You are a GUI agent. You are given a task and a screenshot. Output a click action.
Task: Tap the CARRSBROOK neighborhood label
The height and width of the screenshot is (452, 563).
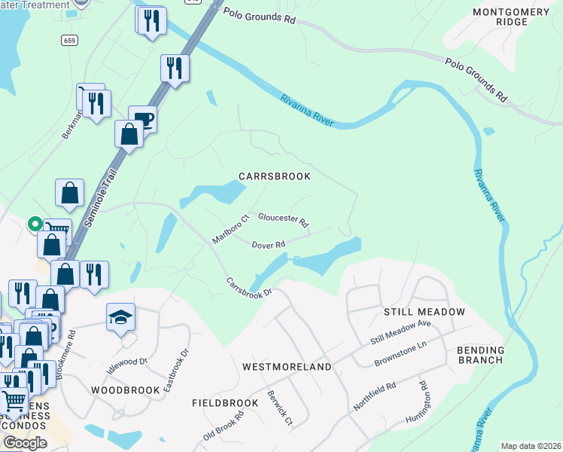click(275, 176)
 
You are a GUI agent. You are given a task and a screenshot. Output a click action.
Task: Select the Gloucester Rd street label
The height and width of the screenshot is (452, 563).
click(283, 219)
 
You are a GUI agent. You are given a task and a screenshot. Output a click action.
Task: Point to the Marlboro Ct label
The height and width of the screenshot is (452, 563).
click(230, 229)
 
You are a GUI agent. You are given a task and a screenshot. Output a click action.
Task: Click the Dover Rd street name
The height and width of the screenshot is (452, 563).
click(268, 245)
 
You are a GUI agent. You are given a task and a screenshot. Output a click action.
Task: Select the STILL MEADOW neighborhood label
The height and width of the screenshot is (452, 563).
click(424, 311)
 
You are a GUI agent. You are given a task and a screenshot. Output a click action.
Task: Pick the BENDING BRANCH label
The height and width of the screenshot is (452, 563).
click(480, 354)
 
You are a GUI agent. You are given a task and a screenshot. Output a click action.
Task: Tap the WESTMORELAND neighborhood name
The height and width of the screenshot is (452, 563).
click(287, 367)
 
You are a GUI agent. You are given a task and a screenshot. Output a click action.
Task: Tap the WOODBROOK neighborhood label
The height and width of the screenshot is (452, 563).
click(125, 390)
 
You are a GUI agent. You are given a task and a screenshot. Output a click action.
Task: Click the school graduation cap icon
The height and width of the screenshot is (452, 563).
click(120, 317)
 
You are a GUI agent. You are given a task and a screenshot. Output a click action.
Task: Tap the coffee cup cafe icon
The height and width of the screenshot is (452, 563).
click(142, 119)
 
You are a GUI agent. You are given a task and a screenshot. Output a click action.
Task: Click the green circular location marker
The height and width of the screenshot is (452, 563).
click(34, 223)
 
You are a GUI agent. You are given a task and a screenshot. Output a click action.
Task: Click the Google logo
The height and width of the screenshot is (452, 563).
click(25, 442)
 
